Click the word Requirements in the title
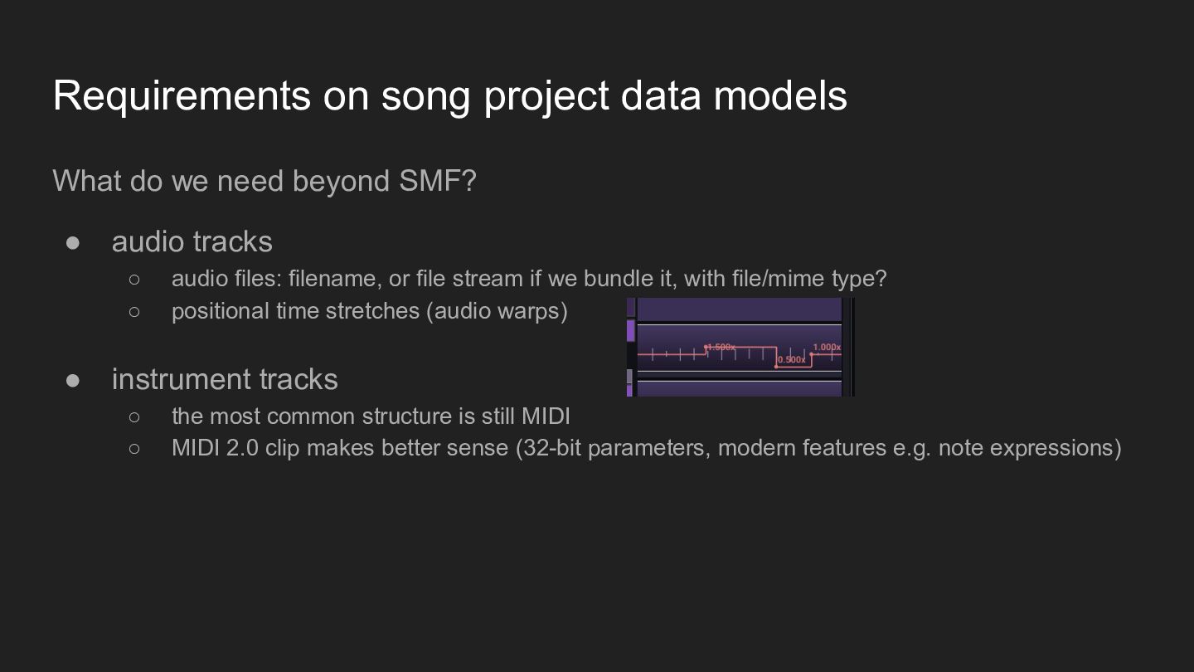click(182, 96)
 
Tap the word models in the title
click(779, 96)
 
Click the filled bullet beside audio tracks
click(72, 243)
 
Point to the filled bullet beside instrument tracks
click(72, 381)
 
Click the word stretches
click(372, 311)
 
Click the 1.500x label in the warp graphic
click(721, 347)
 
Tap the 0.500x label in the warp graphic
click(792, 360)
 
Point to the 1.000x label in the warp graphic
click(827, 347)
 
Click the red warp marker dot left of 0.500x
click(775, 367)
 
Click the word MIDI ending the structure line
click(546, 416)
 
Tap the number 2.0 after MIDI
click(242, 448)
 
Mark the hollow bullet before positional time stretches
click(134, 311)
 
